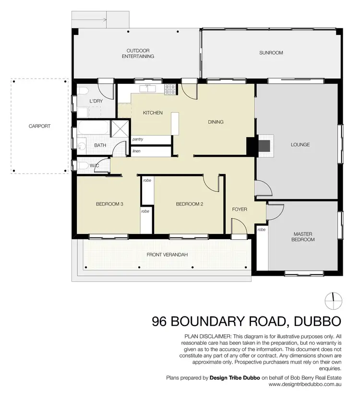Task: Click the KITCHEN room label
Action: point(153,113)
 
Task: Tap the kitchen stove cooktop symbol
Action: point(170,88)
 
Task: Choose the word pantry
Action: point(138,139)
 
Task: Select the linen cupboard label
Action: point(136,151)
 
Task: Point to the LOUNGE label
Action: point(300,144)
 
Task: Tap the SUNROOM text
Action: point(271,53)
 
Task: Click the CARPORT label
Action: point(39,126)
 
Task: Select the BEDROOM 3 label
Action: point(109,204)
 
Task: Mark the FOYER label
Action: point(240,209)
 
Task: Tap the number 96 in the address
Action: point(161,320)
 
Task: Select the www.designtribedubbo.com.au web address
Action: point(305,384)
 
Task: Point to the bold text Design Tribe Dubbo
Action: point(235,378)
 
